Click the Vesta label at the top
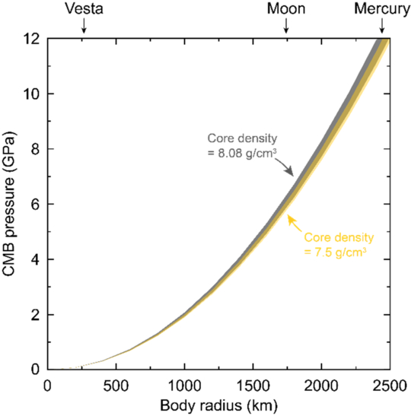pyautogui.click(x=84, y=9)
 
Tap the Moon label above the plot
pyautogui.click(x=286, y=9)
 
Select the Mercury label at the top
pyautogui.click(x=382, y=9)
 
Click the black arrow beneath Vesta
pyautogui.click(x=84, y=25)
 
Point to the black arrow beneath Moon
pyautogui.click(x=286, y=25)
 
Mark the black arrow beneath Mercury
pyautogui.click(x=382, y=25)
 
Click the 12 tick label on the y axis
pyautogui.click(x=32, y=39)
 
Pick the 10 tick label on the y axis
pyautogui.click(x=32, y=94)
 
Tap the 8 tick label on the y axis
pyautogui.click(x=35, y=149)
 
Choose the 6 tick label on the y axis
pyautogui.click(x=35, y=205)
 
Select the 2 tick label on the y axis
pyautogui.click(x=35, y=315)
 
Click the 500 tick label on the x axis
pyautogui.click(x=116, y=386)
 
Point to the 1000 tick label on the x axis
pyautogui.click(x=184, y=386)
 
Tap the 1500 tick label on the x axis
pyautogui.click(x=253, y=386)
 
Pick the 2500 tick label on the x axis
pyautogui.click(x=390, y=386)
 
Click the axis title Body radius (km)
pyautogui.click(x=218, y=405)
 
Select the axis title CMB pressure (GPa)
pyautogui.click(x=10, y=204)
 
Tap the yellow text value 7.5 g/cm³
pyautogui.click(x=340, y=252)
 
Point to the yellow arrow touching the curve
pyautogui.click(x=295, y=224)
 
